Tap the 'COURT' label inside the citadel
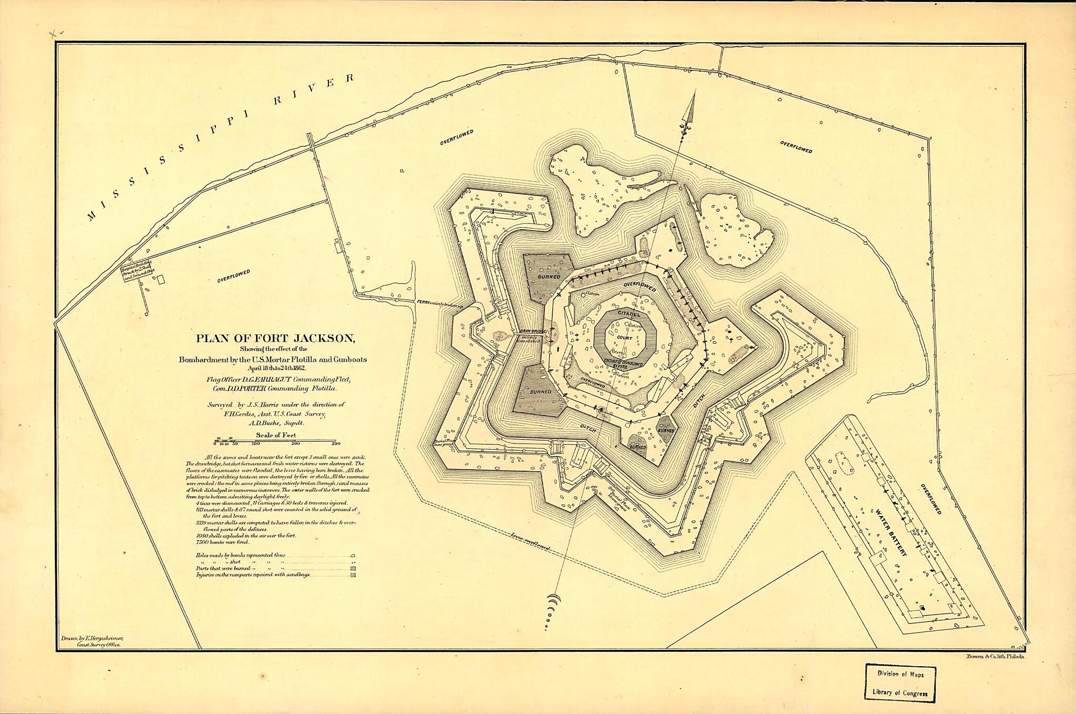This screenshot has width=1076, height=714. click(x=625, y=338)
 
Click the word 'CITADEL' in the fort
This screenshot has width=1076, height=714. click(x=629, y=313)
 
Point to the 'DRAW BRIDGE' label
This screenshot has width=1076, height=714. click(x=533, y=332)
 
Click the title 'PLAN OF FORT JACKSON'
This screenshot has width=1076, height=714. click(x=275, y=339)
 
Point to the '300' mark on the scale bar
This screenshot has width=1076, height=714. click(x=336, y=444)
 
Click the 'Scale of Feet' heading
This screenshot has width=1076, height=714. click(x=276, y=435)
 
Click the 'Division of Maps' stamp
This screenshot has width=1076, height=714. click(x=900, y=674)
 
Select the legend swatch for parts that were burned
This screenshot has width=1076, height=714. click(x=353, y=568)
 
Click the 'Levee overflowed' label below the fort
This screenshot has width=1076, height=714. click(x=530, y=541)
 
